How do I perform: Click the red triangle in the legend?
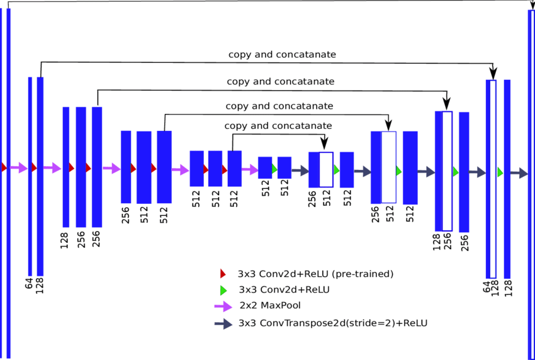[222, 274]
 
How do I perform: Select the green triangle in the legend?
[222, 290]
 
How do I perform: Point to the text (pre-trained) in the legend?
[354, 274]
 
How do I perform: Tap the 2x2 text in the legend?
[247, 306]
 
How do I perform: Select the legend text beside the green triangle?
[284, 290]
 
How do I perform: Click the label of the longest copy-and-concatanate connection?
[282, 55]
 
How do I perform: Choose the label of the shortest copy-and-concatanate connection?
[278, 126]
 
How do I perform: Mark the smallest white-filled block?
[326, 169]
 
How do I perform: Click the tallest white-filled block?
[492, 179]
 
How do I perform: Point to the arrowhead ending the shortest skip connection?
[325, 146]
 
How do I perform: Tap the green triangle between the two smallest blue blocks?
[274, 169]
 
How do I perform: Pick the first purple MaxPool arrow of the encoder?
[18, 167]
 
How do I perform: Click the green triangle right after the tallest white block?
[500, 172]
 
